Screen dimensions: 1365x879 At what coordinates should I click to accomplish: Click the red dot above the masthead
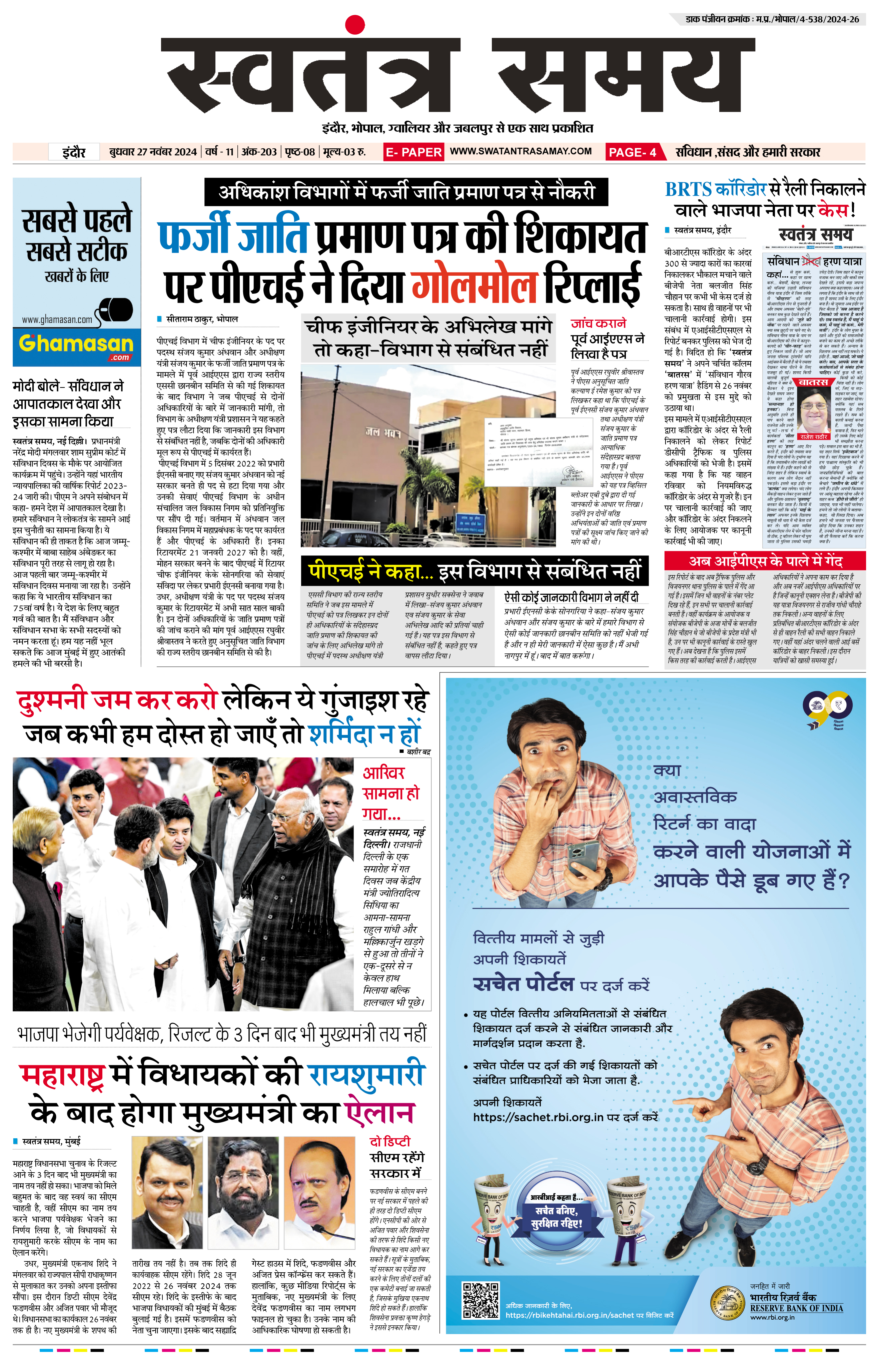(354, 25)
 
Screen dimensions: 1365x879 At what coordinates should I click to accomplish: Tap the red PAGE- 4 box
(633, 152)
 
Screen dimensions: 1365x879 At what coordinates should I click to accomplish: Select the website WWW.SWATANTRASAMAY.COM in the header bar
(521, 151)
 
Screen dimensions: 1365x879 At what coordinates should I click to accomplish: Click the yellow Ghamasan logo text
(76, 343)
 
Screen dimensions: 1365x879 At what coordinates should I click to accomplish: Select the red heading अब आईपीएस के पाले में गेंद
(765, 561)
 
